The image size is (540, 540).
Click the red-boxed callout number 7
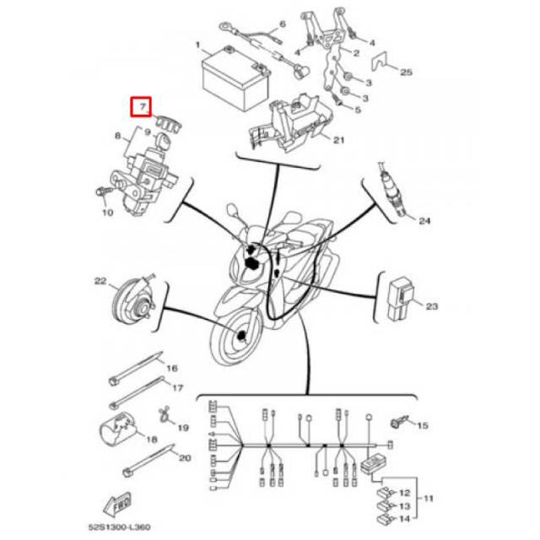coord(140,107)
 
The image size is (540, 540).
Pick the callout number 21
coord(339,140)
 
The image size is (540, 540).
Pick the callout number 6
coord(283,24)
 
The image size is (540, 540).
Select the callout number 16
coord(171,368)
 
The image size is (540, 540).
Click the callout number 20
coord(185,458)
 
